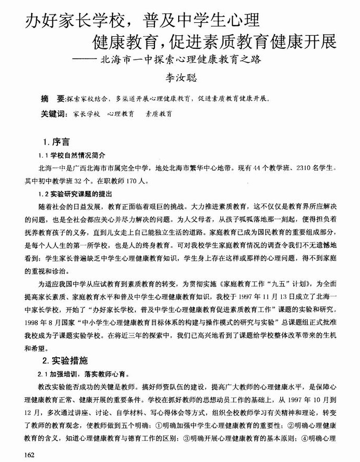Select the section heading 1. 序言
(57, 142)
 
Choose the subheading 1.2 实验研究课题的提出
(75, 193)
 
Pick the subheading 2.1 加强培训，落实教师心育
(83, 373)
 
